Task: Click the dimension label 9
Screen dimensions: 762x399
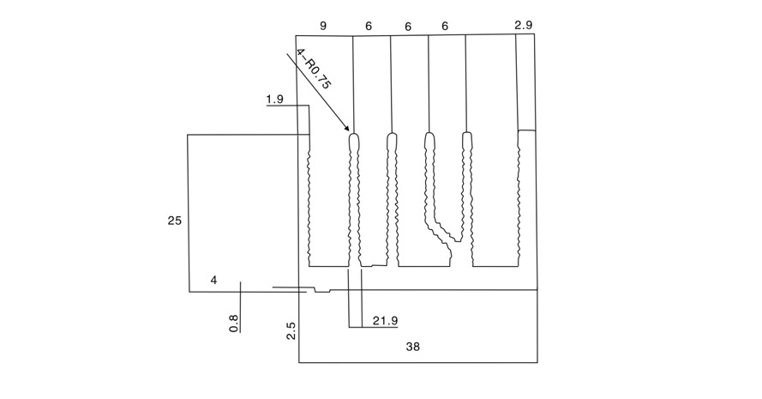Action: [323, 26]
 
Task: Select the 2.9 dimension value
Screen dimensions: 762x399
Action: [524, 25]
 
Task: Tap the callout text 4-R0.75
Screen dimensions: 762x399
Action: [314, 70]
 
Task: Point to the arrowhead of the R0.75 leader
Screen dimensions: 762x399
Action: [347, 129]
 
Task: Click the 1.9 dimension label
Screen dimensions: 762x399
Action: [274, 100]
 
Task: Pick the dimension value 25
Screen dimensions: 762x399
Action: [175, 221]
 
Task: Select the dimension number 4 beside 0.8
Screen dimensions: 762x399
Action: [213, 281]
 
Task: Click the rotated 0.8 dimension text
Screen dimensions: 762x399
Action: [234, 323]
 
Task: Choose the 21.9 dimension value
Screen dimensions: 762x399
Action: [386, 321]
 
